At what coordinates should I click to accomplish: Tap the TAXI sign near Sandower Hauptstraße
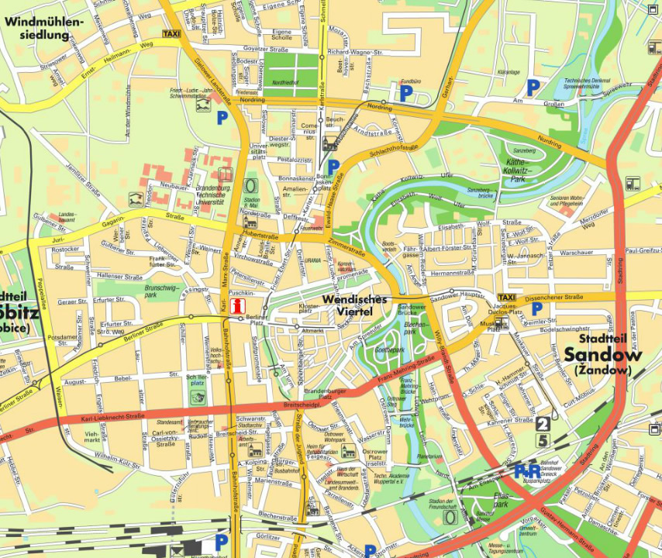pos(506,298)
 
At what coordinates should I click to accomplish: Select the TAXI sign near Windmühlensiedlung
pos(172,35)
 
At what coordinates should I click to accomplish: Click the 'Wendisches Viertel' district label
pos(354,305)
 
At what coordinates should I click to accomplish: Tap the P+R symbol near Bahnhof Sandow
pos(527,470)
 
